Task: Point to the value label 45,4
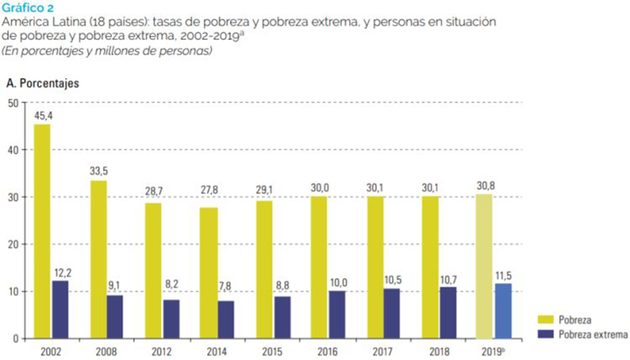(x=43, y=116)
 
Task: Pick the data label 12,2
(x=61, y=273)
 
